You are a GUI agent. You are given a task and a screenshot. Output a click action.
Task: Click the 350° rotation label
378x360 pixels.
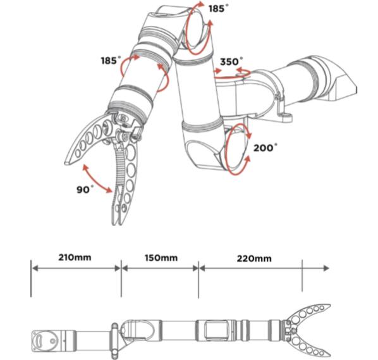231,61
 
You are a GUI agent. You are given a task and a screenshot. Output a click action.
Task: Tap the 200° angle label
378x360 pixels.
265,147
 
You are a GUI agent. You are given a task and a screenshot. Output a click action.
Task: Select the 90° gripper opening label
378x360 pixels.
85,189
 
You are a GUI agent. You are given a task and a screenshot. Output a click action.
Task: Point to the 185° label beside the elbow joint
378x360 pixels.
218,8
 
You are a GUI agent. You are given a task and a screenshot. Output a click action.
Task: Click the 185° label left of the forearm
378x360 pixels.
111,60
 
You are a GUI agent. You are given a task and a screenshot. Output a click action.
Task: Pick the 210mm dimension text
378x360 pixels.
75,258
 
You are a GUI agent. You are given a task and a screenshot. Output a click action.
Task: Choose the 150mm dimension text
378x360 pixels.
161,258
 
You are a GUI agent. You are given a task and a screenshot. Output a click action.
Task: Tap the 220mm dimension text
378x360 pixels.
254,259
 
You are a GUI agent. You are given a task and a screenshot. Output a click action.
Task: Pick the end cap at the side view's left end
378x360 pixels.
46,341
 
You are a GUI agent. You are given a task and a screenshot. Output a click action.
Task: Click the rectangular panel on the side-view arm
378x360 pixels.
216,330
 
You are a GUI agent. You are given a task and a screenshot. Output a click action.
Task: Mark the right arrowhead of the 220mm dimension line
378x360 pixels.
326,268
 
